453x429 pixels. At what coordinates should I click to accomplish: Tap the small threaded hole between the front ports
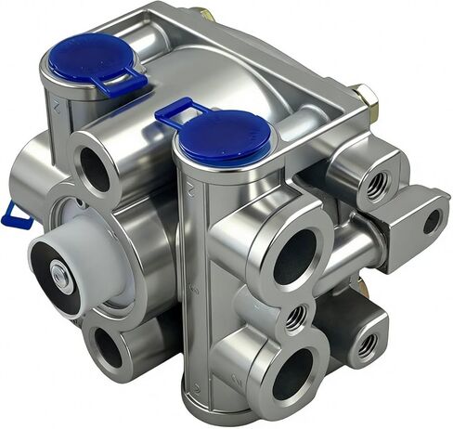[295, 318]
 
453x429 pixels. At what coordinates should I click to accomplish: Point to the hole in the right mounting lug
[432, 221]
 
